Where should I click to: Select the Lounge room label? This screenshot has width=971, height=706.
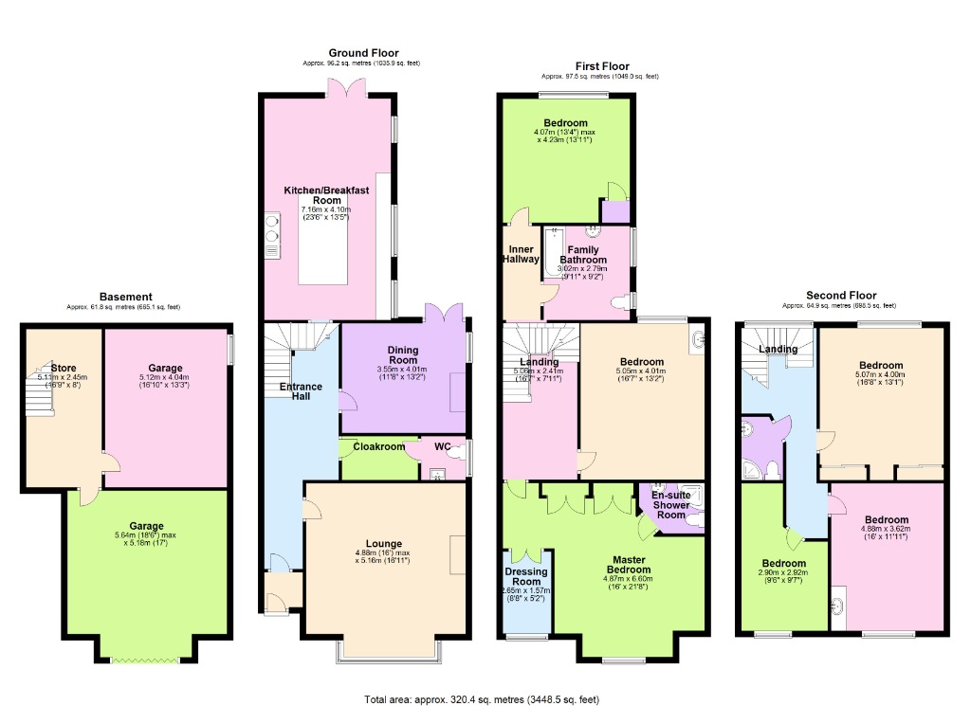pyautogui.click(x=385, y=543)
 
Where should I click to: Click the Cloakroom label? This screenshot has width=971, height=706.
pyautogui.click(x=374, y=446)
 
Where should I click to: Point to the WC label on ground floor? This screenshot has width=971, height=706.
pyautogui.click(x=443, y=446)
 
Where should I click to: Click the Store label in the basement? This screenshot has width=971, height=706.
pyautogui.click(x=64, y=368)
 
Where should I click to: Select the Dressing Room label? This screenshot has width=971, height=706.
pyautogui.click(x=525, y=576)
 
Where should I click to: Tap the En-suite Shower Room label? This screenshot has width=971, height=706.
pyautogui.click(x=671, y=504)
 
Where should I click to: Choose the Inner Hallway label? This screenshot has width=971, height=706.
pyautogui.click(x=521, y=253)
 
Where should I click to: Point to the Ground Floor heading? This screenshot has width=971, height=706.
pyautogui.click(x=363, y=53)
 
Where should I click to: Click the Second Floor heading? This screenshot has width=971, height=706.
pyautogui.click(x=841, y=296)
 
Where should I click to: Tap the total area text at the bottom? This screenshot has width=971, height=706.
pyautogui.click(x=482, y=699)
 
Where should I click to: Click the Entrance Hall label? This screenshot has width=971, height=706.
pyautogui.click(x=301, y=392)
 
